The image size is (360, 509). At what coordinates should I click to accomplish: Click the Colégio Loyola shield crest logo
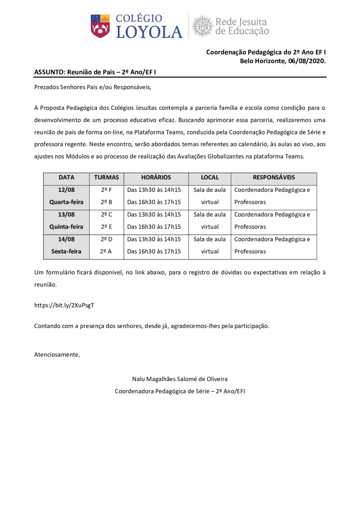point(100,25)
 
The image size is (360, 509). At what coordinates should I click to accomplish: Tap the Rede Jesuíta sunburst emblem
point(202,26)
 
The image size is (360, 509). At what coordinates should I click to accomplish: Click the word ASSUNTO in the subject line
point(49,72)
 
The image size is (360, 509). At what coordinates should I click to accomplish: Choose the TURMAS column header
point(106,177)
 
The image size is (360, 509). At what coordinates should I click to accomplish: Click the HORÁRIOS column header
point(156,177)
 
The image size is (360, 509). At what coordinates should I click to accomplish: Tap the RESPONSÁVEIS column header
point(273,177)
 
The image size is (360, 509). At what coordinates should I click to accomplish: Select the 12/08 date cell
point(66,190)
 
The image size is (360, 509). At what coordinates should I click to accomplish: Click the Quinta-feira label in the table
point(66,227)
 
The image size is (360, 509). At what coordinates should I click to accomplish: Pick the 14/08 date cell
point(66,239)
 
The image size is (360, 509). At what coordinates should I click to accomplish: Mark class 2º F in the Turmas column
point(106,190)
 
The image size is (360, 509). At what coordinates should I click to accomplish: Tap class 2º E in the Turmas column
point(106,227)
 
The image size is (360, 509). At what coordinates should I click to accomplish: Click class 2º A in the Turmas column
point(106,252)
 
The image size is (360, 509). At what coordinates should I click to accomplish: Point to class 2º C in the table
point(106,215)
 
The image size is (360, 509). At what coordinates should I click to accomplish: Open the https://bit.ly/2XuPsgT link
point(64,305)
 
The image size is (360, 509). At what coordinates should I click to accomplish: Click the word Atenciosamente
point(57,354)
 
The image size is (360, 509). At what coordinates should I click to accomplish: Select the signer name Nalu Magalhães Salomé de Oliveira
point(180,379)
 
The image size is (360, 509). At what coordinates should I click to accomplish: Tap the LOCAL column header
point(209,177)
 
